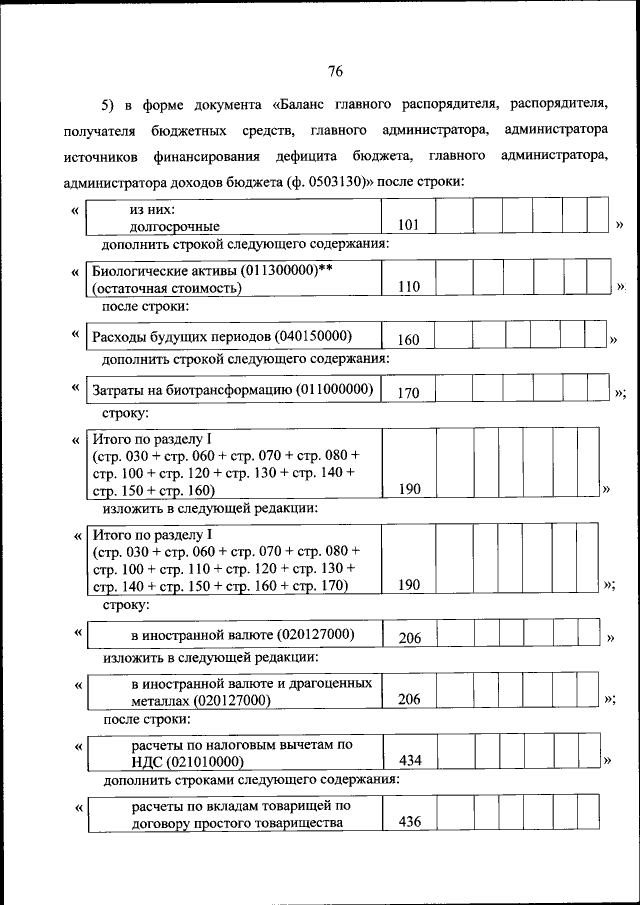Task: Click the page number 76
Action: [335, 70]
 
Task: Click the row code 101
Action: [408, 227]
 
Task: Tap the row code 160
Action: [408, 339]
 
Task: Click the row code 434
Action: [410, 761]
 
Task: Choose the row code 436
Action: [410, 822]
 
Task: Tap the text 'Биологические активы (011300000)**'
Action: [211, 271]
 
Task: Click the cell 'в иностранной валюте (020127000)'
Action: [242, 635]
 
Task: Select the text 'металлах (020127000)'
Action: [201, 700]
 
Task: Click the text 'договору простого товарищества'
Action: [237, 823]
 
